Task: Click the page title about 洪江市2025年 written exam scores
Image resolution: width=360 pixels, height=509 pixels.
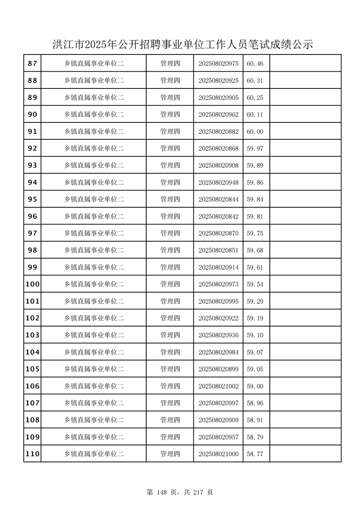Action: [183, 45]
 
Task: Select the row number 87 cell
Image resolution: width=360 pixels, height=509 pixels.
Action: [32, 64]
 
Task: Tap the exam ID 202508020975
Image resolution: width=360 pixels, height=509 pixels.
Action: [218, 64]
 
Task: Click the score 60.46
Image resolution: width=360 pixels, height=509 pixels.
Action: [255, 64]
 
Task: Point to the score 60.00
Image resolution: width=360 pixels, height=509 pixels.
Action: [255, 132]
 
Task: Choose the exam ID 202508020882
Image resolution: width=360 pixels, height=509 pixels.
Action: [218, 132]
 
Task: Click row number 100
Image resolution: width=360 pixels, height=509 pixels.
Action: [32, 284]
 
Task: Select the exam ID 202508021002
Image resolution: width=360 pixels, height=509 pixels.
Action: [218, 387]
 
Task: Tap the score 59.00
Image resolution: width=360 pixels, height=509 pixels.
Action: [255, 387]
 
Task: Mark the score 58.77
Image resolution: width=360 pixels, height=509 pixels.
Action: [255, 454]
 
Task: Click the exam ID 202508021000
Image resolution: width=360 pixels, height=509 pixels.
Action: [218, 454]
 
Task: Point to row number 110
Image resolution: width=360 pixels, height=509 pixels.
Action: [32, 454]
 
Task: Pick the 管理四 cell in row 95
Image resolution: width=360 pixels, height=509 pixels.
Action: [170, 200]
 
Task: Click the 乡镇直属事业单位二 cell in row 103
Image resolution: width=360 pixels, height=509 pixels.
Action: [94, 335]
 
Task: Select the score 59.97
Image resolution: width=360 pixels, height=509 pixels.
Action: [255, 149]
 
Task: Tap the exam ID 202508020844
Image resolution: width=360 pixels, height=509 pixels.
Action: [218, 200]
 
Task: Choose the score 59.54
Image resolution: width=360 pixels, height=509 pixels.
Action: [255, 284]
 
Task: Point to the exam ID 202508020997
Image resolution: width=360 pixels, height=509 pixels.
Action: [218, 403]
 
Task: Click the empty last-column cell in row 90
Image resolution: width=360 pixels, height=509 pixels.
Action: [305, 115]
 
